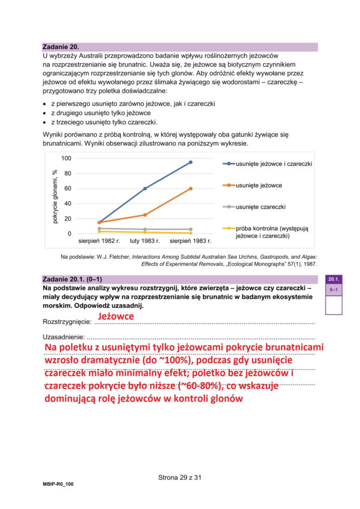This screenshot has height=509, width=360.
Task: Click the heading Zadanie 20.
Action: (60, 47)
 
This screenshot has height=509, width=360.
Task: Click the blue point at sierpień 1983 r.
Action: (190, 162)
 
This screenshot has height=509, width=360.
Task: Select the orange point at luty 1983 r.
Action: (145, 215)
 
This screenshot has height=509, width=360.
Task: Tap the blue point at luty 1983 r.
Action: (145, 189)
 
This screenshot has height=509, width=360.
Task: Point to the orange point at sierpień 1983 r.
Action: (190, 189)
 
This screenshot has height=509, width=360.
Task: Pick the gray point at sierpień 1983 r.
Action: (190, 229)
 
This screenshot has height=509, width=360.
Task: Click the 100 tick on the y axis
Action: (66, 158)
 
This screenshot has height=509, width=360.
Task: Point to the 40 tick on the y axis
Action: (68, 204)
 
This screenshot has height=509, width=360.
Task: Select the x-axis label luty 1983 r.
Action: (145, 240)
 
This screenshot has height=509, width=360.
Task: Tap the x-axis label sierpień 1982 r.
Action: (99, 240)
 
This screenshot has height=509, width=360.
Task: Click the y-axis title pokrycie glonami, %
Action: (55, 196)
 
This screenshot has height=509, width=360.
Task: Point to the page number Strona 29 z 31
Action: (179, 478)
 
